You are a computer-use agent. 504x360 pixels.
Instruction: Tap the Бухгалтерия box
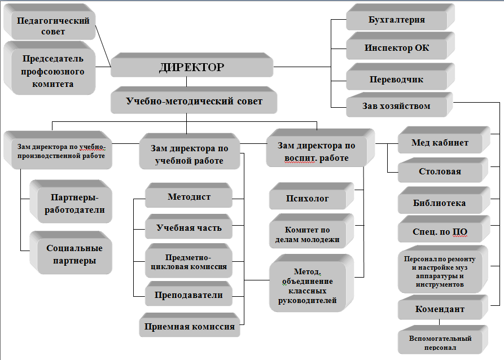[400, 17]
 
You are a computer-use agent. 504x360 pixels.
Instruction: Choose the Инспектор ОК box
[400, 46]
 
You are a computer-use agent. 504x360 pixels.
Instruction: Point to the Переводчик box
[400, 77]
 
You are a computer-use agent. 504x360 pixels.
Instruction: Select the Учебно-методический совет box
[194, 100]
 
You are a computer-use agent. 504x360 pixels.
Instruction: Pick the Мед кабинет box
[444, 140]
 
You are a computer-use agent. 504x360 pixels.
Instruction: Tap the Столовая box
[443, 170]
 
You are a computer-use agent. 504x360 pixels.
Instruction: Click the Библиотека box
[444, 200]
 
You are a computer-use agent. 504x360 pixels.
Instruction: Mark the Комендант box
[443, 307]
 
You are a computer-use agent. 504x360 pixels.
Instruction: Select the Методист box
[189, 195]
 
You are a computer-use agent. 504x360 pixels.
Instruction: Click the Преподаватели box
[189, 293]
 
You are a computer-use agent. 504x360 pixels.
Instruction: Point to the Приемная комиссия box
[190, 324]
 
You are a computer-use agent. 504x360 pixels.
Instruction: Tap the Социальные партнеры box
[71, 253]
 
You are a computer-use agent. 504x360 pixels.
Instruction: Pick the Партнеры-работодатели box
[71, 201]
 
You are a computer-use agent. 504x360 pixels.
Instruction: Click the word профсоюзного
[52, 71]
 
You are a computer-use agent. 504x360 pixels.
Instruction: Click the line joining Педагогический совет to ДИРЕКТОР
[103, 46]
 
